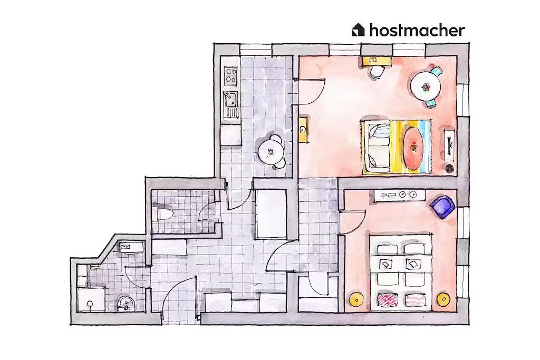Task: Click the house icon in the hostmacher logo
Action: tap(358, 30)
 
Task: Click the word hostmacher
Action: tap(417, 30)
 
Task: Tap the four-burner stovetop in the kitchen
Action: tap(230, 76)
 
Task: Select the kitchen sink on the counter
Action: tap(230, 99)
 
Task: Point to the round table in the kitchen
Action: tap(271, 151)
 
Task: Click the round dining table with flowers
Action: tap(426, 86)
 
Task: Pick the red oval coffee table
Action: tap(413, 147)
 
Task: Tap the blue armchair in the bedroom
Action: tap(442, 206)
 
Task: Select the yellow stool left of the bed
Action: tap(357, 299)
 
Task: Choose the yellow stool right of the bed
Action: tap(443, 299)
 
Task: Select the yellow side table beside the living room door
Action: tap(303, 130)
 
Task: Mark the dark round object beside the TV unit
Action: tap(449, 168)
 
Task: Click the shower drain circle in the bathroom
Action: tap(90, 304)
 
